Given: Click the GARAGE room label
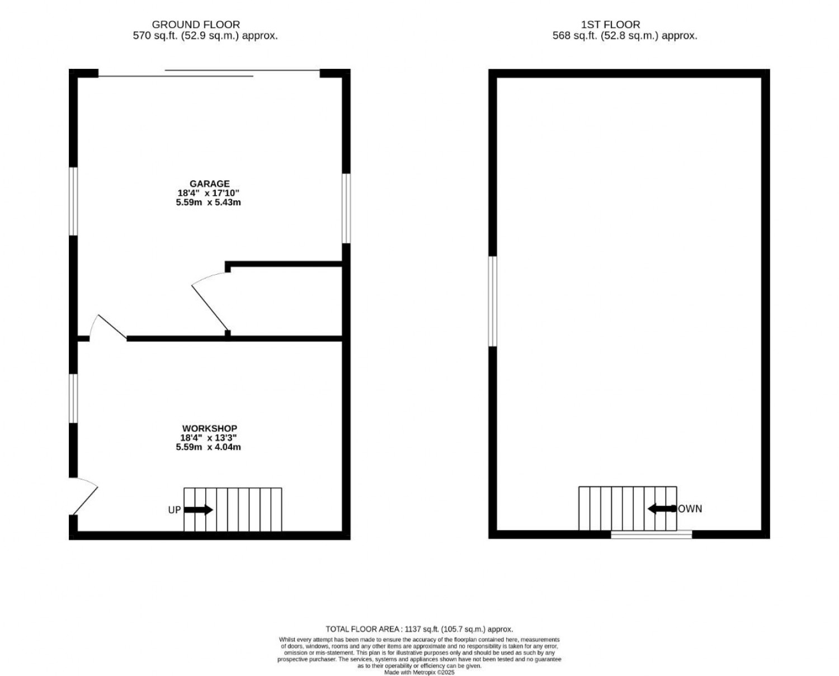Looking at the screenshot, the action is pyautogui.click(x=209, y=184).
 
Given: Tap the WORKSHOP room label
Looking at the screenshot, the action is pyautogui.click(x=209, y=428).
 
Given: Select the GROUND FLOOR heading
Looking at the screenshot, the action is pyautogui.click(x=196, y=25).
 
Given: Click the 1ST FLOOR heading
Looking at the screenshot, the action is pyautogui.click(x=611, y=25).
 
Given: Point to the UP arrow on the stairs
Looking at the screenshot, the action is pyautogui.click(x=198, y=509).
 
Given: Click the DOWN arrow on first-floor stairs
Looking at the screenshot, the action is pyautogui.click(x=662, y=509).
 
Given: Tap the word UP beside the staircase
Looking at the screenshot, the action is pyautogui.click(x=175, y=510).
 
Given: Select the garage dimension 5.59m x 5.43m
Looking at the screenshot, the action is pyautogui.click(x=208, y=203).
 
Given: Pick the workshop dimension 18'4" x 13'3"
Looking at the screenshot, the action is pyautogui.click(x=208, y=438).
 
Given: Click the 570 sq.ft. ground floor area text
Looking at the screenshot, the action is pyautogui.click(x=205, y=36).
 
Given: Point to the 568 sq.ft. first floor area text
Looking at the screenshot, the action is pyautogui.click(x=625, y=36).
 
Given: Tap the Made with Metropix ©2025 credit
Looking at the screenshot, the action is pyautogui.click(x=419, y=673).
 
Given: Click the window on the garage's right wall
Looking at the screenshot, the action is pyautogui.click(x=346, y=208).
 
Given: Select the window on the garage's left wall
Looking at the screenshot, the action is pyautogui.click(x=73, y=201).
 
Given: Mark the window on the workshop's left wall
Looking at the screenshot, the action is pyautogui.click(x=73, y=398).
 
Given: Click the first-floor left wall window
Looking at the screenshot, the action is pyautogui.click(x=493, y=301).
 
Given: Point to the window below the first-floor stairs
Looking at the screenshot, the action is pyautogui.click(x=651, y=534).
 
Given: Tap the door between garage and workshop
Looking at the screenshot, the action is pyautogui.click(x=107, y=327).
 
